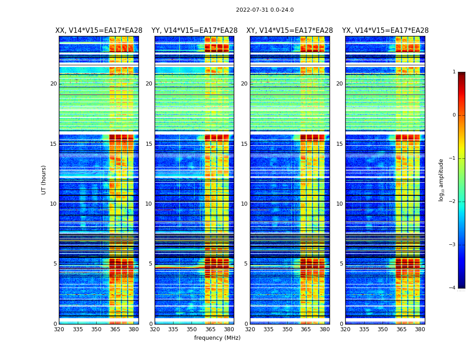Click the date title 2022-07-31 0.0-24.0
(x=265, y=10)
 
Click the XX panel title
(x=99, y=31)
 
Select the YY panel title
(x=194, y=31)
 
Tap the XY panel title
(x=289, y=31)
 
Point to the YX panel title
(x=385, y=31)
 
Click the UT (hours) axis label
(x=44, y=180)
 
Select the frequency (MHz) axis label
(x=217, y=338)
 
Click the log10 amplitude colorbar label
(x=441, y=180)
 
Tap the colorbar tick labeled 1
(x=454, y=72)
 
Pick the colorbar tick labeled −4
(x=453, y=288)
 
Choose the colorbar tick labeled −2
(x=453, y=202)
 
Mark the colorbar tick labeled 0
(x=454, y=115)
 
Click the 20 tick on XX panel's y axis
(x=53, y=84)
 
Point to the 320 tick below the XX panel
(x=59, y=329)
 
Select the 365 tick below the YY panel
(x=211, y=329)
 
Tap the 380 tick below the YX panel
(x=420, y=329)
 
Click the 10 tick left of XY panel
(x=244, y=204)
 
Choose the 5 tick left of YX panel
(x=341, y=264)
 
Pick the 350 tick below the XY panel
(x=287, y=329)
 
